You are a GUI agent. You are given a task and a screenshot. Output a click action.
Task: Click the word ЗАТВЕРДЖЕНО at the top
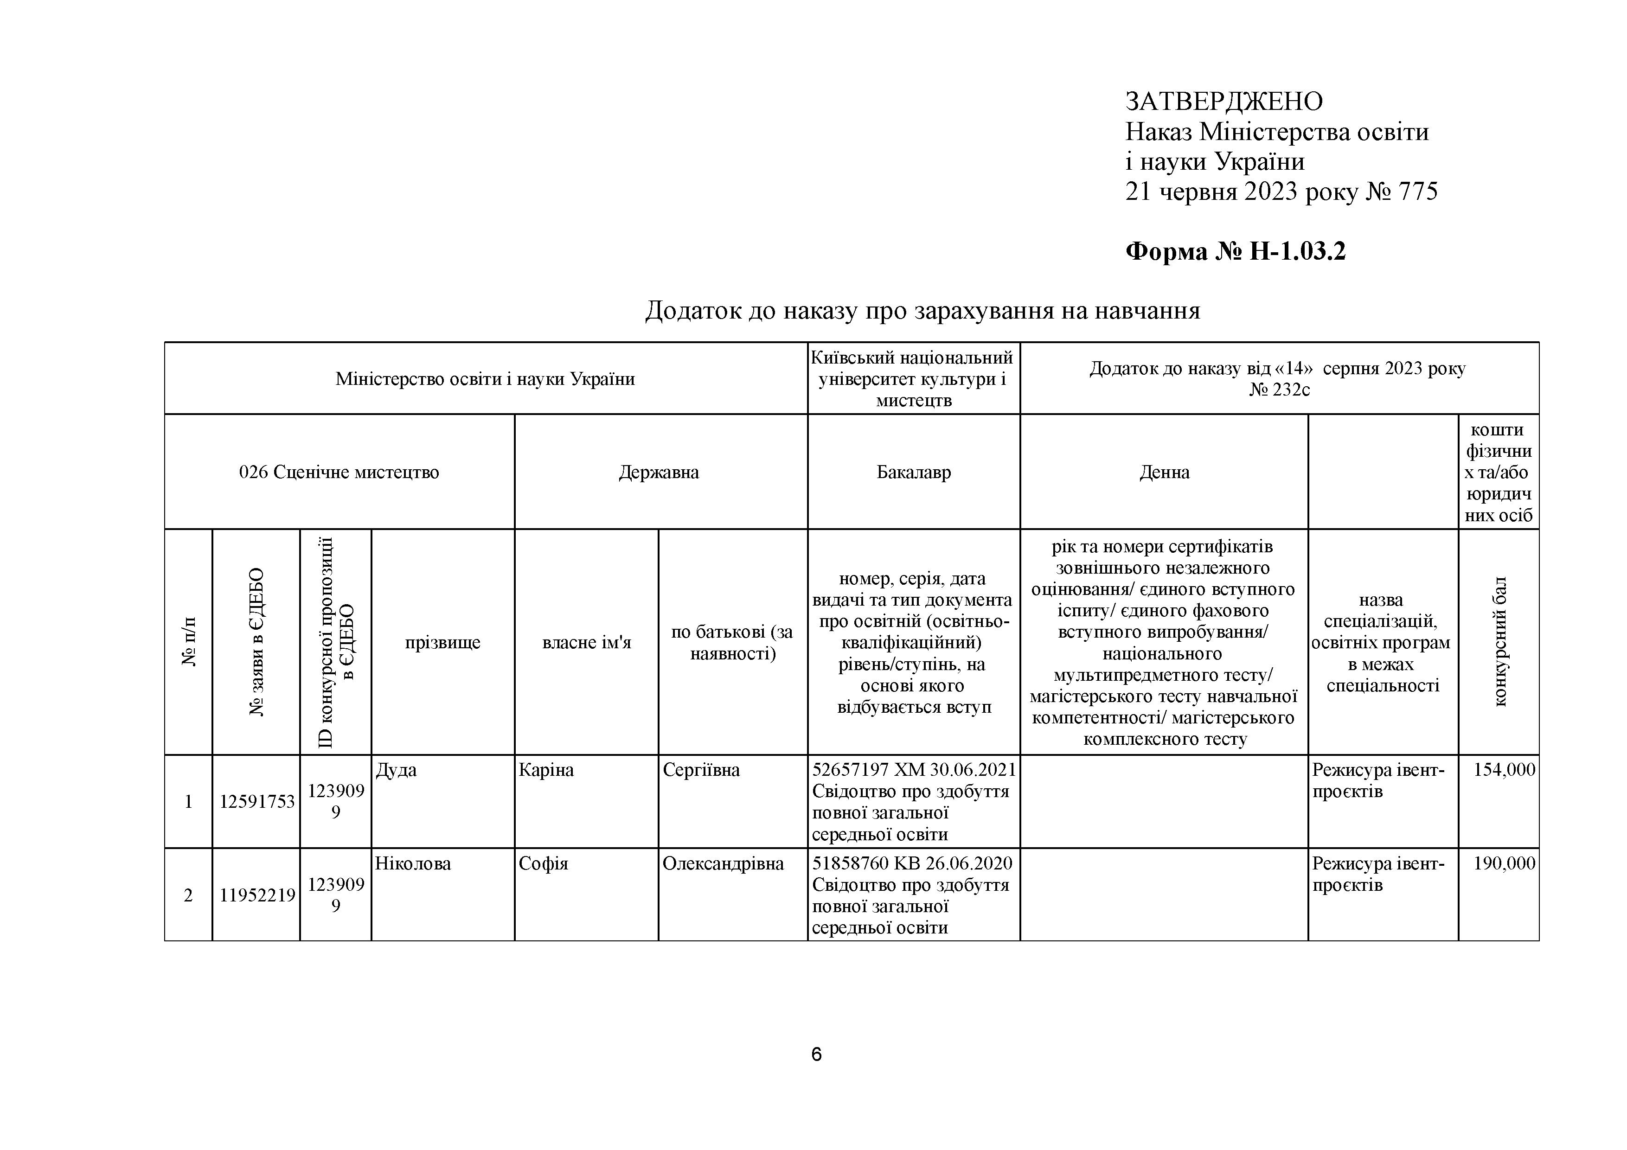(x=1224, y=102)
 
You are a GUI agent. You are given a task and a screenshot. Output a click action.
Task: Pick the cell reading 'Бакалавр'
(x=913, y=472)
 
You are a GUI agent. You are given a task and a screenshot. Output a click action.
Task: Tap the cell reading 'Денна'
(x=1164, y=472)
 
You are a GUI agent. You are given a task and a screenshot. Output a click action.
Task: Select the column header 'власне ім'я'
(x=586, y=642)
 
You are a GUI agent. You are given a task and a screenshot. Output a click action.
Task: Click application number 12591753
(x=256, y=801)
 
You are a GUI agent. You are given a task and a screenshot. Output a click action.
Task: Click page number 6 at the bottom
(x=816, y=1055)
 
